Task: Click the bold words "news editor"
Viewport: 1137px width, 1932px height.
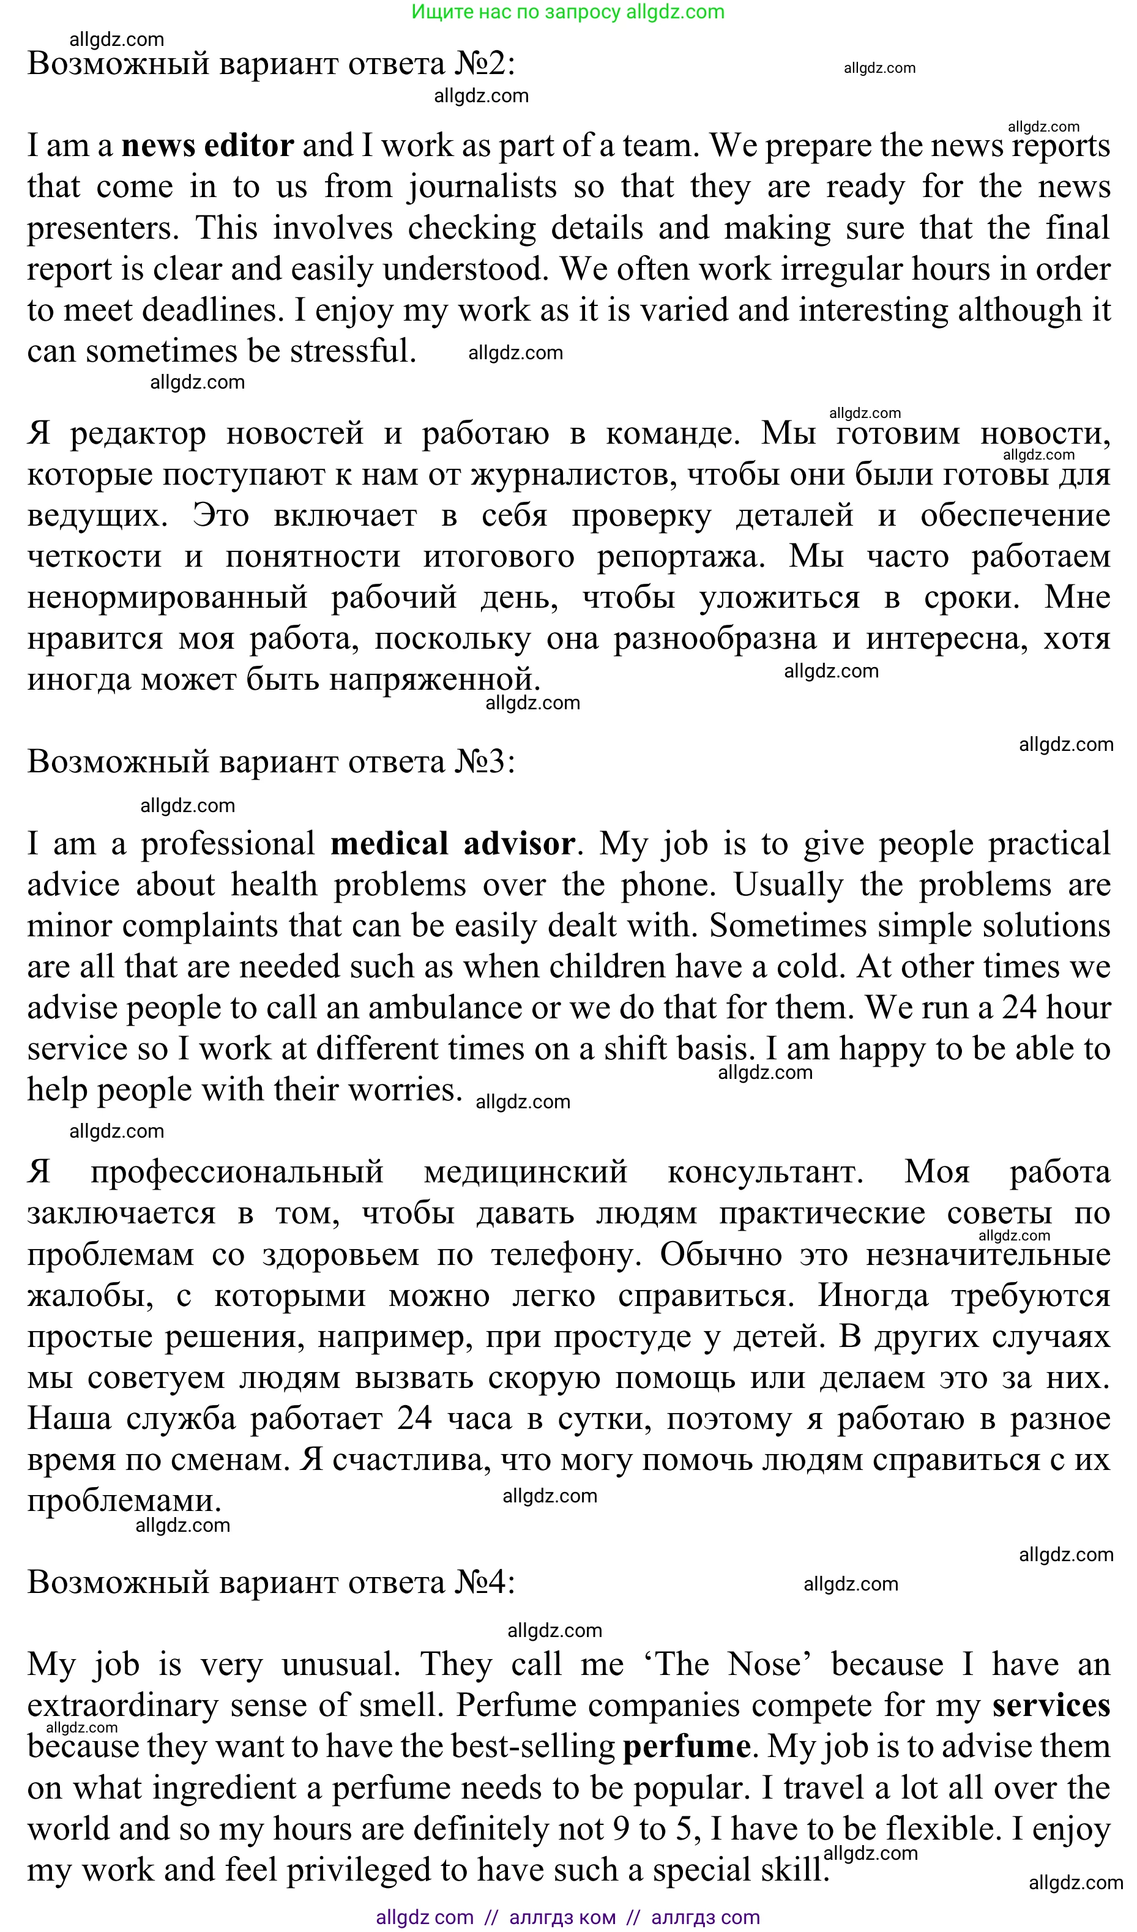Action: click(x=207, y=146)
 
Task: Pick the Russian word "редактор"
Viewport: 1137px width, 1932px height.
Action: click(x=138, y=434)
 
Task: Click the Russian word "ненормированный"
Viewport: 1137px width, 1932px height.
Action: click(x=167, y=598)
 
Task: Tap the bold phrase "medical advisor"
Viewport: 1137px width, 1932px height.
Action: click(x=452, y=844)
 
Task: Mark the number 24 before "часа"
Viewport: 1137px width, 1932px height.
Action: click(x=414, y=1419)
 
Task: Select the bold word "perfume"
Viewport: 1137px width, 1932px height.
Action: click(x=686, y=1747)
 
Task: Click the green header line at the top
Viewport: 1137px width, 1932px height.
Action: click(x=567, y=12)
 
